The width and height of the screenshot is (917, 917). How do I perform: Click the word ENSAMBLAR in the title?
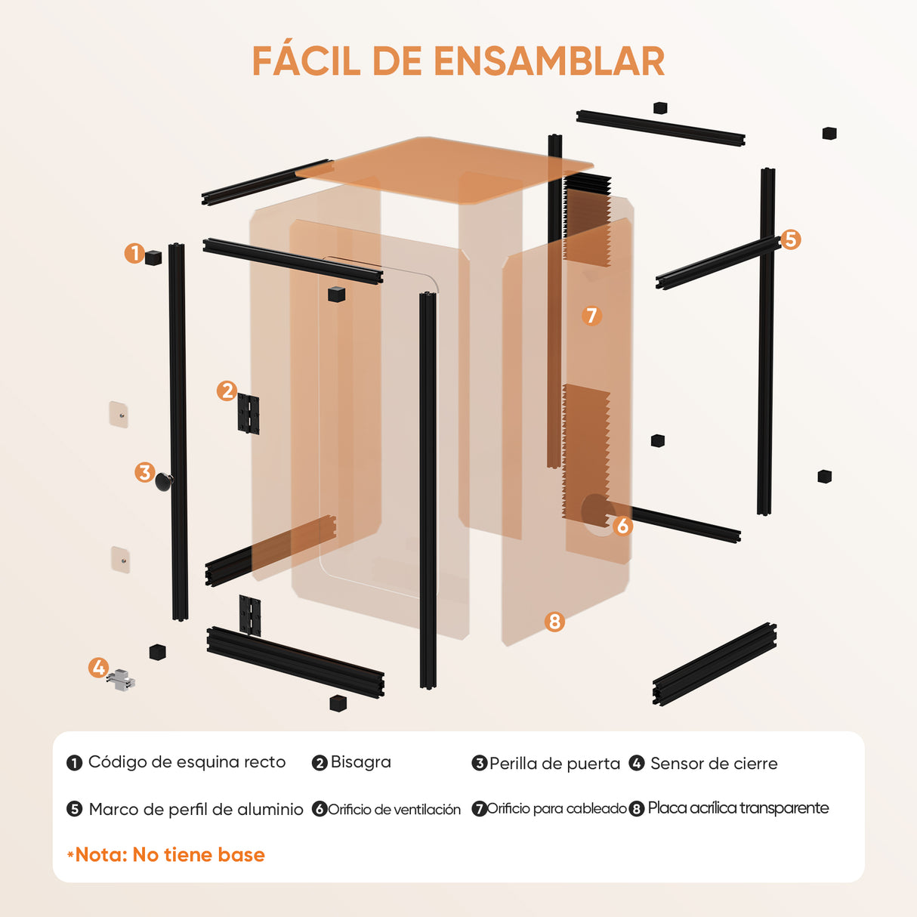tap(549, 61)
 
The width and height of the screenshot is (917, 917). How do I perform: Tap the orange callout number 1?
tap(134, 253)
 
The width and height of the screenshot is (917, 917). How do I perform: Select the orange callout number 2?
tap(227, 391)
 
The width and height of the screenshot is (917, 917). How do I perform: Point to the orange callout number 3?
tap(144, 473)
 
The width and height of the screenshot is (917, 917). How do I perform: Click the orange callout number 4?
tap(98, 668)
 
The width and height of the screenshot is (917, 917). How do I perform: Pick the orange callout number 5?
tap(790, 239)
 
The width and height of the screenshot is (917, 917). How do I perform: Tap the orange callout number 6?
tap(622, 525)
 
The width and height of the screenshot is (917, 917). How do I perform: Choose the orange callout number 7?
tap(591, 315)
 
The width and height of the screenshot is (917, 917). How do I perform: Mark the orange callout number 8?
tap(554, 621)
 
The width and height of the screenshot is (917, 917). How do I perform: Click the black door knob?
tap(164, 480)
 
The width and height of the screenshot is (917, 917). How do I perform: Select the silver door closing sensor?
tap(121, 679)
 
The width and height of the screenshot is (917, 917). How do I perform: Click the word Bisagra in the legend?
tap(360, 762)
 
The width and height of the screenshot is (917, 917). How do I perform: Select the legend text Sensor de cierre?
tap(714, 764)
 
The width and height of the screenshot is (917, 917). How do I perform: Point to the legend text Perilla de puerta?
tap(554, 764)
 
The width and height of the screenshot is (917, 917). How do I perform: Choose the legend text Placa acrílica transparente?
tap(738, 808)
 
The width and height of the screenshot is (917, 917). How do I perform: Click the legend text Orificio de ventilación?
tap(394, 810)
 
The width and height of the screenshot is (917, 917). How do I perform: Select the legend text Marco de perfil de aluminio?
tap(196, 810)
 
